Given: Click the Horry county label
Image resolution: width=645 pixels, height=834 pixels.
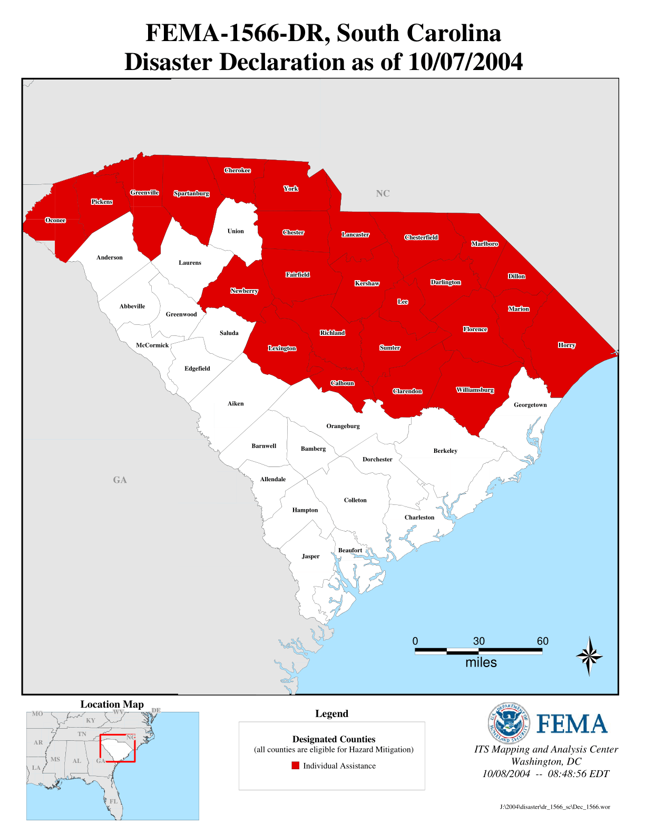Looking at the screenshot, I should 566,345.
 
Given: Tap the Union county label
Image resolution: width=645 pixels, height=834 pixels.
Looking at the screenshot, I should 236,231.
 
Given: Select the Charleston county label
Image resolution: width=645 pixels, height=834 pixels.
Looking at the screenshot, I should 419,518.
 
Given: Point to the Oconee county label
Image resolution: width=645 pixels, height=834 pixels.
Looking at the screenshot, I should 55,220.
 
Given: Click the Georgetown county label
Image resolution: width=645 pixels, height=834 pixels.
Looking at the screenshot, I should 530,405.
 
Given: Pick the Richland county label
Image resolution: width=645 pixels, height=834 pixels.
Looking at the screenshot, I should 333,333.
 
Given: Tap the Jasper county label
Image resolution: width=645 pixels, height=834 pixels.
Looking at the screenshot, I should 310,557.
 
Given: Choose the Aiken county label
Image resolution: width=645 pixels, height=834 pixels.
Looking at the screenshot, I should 236,404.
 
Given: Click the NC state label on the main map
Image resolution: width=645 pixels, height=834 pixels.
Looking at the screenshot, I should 383,194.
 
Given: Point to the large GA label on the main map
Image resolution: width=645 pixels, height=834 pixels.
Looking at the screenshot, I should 120,480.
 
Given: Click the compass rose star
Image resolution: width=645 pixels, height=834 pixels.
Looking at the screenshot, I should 589,656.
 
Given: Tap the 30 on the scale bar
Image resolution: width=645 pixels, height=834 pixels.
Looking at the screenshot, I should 478,641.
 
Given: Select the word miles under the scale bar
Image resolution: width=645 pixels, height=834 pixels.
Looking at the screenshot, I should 481,663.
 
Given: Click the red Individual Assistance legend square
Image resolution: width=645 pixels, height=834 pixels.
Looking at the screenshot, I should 296,766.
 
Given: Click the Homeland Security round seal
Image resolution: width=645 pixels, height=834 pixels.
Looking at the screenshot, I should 508,724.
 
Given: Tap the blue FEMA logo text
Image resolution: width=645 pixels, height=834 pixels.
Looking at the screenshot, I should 572,724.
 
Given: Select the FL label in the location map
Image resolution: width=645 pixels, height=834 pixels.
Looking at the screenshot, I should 113,801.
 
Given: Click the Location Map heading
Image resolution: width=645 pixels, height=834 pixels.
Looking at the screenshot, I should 112,704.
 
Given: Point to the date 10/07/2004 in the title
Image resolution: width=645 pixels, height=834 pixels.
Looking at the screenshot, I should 465,62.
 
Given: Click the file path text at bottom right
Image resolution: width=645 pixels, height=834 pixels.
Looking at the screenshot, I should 555,807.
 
